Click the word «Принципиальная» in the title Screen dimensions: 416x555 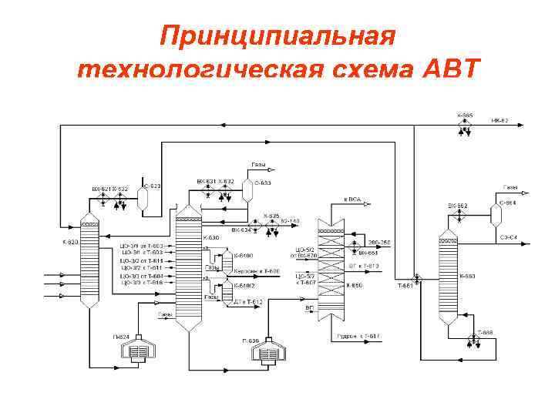pos(277,36)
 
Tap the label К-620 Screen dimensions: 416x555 pos(70,242)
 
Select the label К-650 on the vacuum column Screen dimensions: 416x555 pos(353,286)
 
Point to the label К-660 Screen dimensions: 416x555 pos(467,275)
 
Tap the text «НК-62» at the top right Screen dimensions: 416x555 pos(499,120)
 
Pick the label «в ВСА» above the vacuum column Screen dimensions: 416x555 pos(353,200)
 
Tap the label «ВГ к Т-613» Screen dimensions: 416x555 pos(365,266)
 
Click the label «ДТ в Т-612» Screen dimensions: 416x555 pos(248,302)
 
